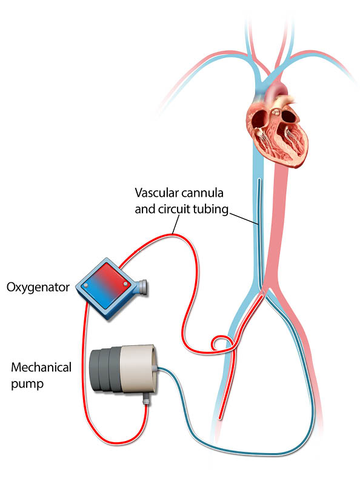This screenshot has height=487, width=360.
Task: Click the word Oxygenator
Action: [x=38, y=287]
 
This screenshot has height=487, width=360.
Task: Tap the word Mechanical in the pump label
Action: [x=41, y=368]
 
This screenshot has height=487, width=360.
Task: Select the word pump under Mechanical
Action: [x=27, y=384]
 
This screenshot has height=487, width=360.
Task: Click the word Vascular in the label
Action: [x=156, y=193]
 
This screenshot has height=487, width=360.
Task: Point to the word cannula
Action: [x=202, y=193]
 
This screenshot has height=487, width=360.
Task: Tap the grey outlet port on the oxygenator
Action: [x=142, y=287]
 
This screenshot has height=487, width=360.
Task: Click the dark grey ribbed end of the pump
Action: [x=105, y=369]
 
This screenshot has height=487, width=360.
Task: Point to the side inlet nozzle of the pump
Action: [x=156, y=368]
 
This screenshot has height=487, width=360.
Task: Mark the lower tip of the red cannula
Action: [x=220, y=418]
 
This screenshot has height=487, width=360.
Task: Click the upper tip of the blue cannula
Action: [x=258, y=180]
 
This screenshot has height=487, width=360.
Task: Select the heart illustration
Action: [x=277, y=130]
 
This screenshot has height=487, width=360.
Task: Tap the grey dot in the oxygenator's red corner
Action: [x=125, y=284]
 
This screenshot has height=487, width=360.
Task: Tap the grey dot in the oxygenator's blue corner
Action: [x=86, y=285]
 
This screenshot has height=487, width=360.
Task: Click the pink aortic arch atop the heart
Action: [x=278, y=88]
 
